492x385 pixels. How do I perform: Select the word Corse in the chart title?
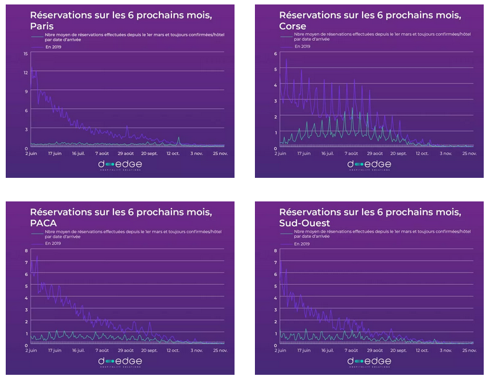coord(293,26)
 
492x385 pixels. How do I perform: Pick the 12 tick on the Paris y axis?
coord(25,72)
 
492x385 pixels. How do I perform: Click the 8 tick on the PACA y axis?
coord(27,251)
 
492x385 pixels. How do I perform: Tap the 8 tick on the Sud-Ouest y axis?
coord(275,251)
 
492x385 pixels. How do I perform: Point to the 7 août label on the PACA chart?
coord(102,351)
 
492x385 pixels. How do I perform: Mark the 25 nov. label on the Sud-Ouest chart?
coord(469,351)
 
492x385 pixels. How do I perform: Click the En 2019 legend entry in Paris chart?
coord(53,47)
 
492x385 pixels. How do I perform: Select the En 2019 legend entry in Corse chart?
coord(302,47)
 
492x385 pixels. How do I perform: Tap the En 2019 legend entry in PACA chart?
coord(53,243)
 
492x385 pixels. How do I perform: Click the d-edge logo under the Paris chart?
coord(120,164)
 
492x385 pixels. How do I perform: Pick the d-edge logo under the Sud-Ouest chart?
coord(369,361)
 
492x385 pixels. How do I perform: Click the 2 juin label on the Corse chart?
coord(282,154)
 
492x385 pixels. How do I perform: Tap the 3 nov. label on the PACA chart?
coord(197,351)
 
